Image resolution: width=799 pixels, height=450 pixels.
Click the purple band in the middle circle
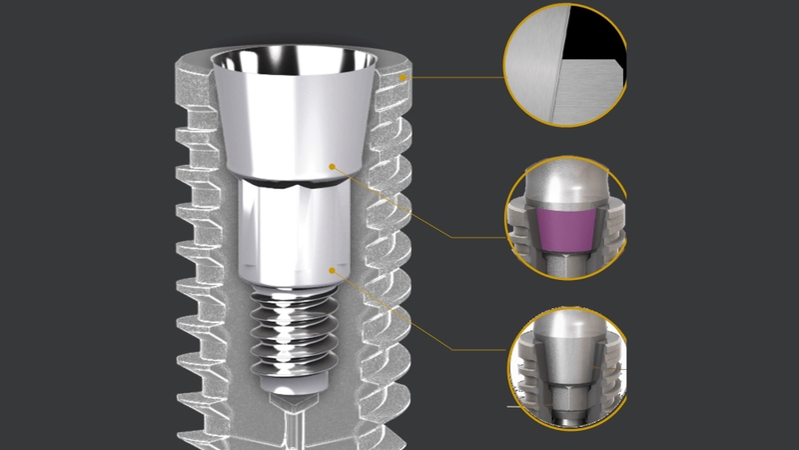tap(567, 228)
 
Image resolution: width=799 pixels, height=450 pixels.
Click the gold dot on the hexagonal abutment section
tap(334, 266)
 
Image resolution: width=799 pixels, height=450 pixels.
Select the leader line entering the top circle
tap(459, 76)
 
